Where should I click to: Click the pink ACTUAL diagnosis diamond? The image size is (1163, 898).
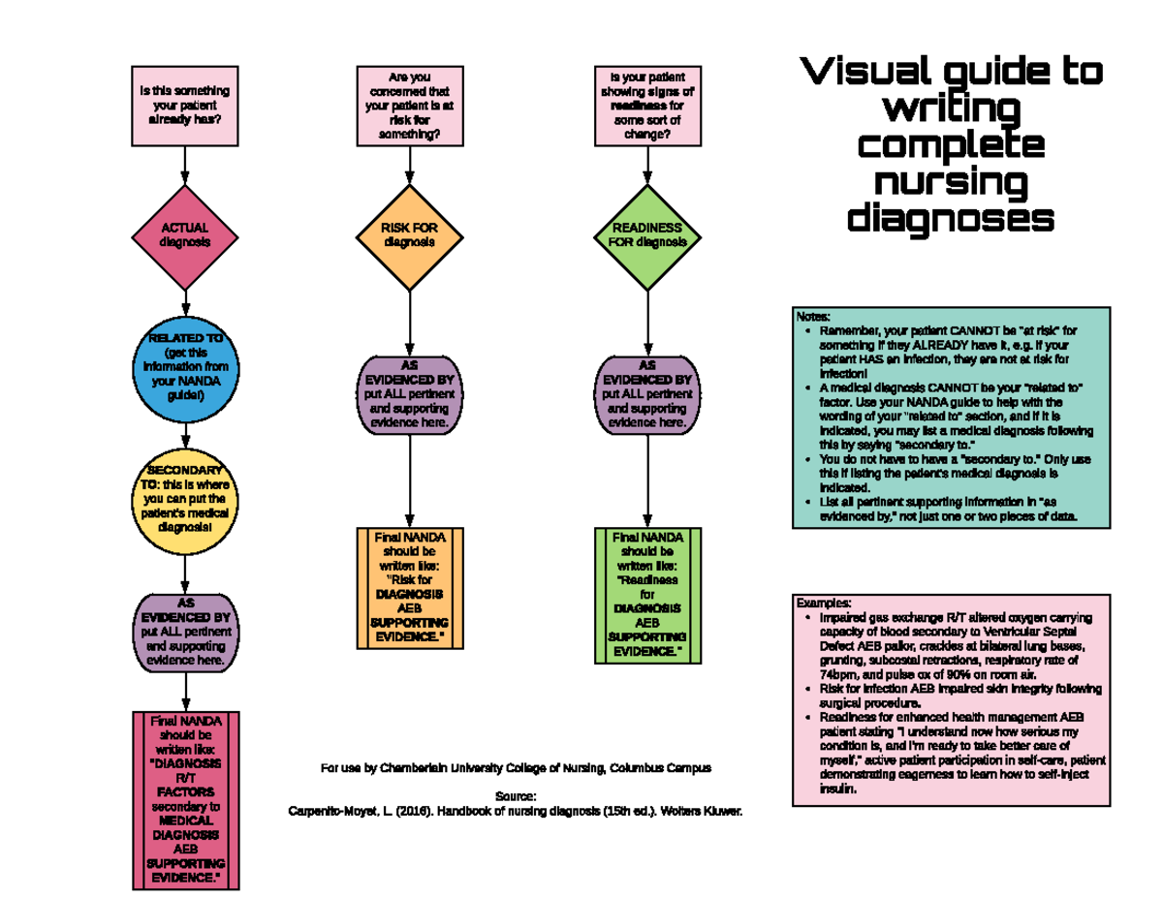click(x=184, y=235)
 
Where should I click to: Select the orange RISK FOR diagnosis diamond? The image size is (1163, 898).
click(x=410, y=235)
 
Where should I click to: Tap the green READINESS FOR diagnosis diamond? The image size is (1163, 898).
click(x=646, y=235)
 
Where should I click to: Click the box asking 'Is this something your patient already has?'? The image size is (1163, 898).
click(x=184, y=105)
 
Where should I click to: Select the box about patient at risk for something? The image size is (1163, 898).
click(x=410, y=105)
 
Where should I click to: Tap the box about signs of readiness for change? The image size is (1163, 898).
click(x=646, y=105)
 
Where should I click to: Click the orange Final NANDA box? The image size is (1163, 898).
click(x=410, y=587)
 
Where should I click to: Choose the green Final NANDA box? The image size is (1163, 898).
click(x=646, y=595)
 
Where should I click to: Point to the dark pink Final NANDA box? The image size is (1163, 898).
click(x=184, y=800)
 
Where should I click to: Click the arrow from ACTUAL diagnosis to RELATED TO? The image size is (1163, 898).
click(x=184, y=306)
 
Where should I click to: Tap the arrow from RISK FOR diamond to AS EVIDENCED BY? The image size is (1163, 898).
click(x=410, y=320)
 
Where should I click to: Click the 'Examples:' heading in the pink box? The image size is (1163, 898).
click(x=823, y=603)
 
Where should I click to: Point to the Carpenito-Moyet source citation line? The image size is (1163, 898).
click(x=516, y=811)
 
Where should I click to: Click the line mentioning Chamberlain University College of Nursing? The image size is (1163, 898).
click(x=516, y=768)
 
